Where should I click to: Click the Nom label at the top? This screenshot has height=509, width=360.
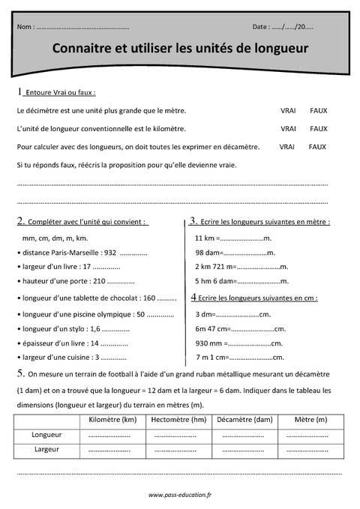[25, 27]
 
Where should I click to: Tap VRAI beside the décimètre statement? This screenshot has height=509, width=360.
[288, 110]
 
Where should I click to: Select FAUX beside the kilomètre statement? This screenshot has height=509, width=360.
[319, 129]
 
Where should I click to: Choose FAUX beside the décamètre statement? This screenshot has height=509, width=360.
[318, 147]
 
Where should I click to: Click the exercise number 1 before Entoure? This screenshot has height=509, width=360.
[19, 91]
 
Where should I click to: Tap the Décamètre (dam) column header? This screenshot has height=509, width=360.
[244, 420]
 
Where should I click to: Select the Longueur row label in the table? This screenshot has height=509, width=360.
[46, 435]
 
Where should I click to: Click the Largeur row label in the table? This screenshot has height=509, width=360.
[46, 449]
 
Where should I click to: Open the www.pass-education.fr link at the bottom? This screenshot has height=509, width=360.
[180, 495]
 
